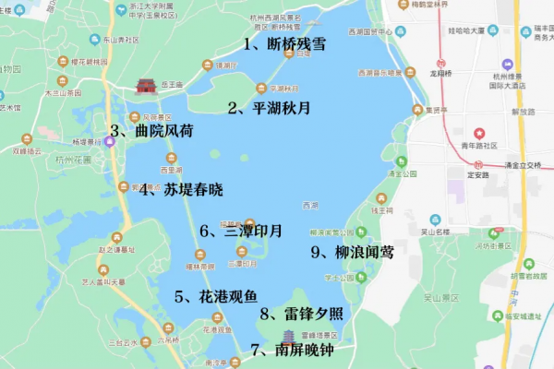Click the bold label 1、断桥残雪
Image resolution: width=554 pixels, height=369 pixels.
tap(283, 43)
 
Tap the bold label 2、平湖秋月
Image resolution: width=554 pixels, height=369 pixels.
tap(269, 107)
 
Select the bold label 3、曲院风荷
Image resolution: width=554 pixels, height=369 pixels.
tap(152, 130)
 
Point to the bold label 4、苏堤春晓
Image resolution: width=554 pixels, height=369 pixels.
tap(181, 190)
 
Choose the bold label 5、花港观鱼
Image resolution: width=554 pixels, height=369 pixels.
tap(216, 296)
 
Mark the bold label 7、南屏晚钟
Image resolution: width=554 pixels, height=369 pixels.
tap(292, 350)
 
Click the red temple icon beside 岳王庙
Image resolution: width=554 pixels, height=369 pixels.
tap(146, 86)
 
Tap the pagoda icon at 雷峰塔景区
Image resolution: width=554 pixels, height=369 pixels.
tap(288, 334)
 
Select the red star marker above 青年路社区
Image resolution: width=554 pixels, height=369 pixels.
tap(479, 134)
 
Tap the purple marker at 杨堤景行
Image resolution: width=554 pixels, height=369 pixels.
tap(111, 141)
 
